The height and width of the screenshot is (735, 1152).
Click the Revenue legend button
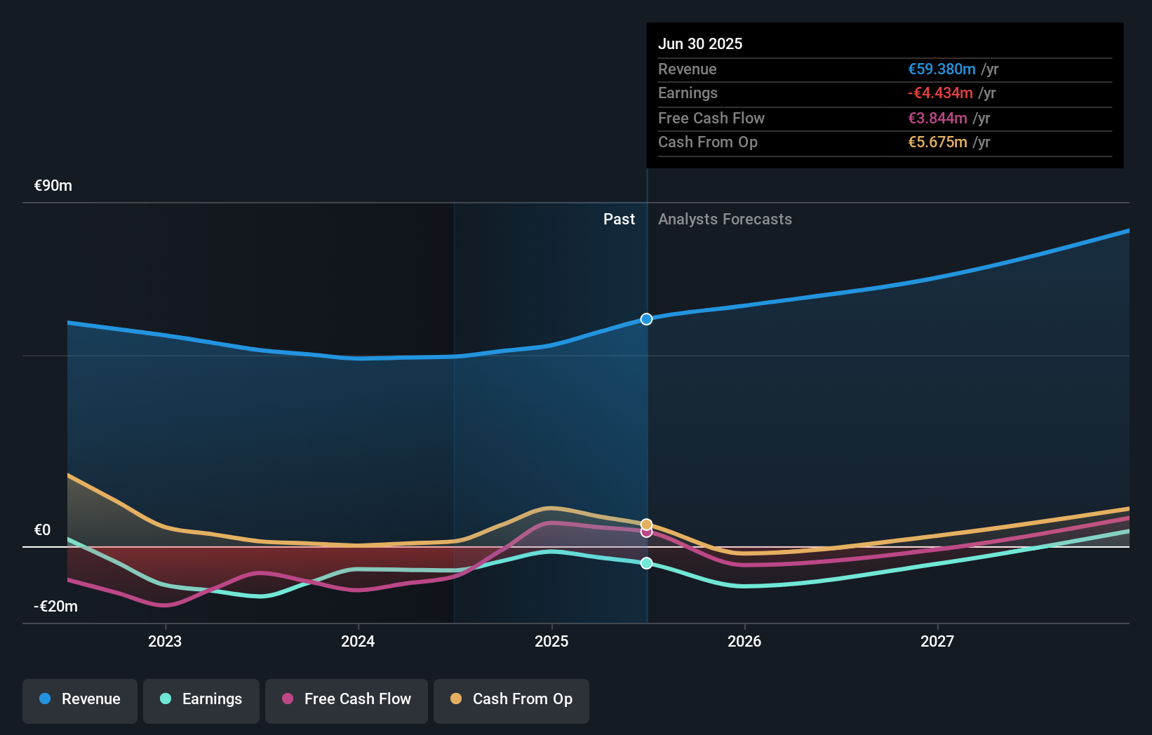pyautogui.click(x=80, y=699)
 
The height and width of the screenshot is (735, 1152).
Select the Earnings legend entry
pyautogui.click(x=201, y=699)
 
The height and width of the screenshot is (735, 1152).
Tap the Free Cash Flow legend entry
pyautogui.click(x=347, y=699)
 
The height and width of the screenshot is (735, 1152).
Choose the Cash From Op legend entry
pyautogui.click(x=511, y=699)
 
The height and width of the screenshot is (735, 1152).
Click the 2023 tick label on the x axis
pyautogui.click(x=165, y=641)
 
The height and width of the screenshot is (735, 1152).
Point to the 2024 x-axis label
pyautogui.click(x=358, y=641)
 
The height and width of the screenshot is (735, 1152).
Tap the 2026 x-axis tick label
pyautogui.click(x=744, y=641)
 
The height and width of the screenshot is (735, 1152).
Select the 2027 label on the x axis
pyautogui.click(x=937, y=641)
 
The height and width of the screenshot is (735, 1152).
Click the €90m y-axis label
pyautogui.click(x=53, y=186)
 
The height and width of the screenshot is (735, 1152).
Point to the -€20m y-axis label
pyautogui.click(x=55, y=606)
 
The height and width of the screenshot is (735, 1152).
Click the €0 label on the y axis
pyautogui.click(x=43, y=530)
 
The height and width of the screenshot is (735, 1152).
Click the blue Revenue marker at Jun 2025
pyautogui.click(x=646, y=319)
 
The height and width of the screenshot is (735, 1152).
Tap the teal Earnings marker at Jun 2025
pyautogui.click(x=646, y=563)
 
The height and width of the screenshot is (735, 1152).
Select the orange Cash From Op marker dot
pyautogui.click(x=646, y=524)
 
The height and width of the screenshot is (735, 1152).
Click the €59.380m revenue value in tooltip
pyautogui.click(x=942, y=69)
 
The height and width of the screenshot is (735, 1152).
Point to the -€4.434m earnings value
pyautogui.click(x=940, y=93)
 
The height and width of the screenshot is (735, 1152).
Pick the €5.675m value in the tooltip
pyautogui.click(x=937, y=142)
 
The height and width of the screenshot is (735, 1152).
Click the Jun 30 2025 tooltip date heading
pyautogui.click(x=700, y=43)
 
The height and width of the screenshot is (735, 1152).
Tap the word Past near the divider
pyautogui.click(x=619, y=220)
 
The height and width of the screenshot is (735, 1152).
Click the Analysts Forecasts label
pyautogui.click(x=725, y=220)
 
